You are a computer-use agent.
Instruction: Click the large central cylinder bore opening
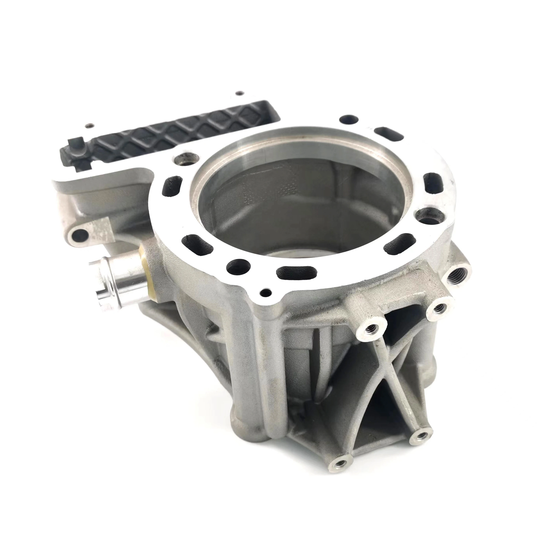pos(295,200)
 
